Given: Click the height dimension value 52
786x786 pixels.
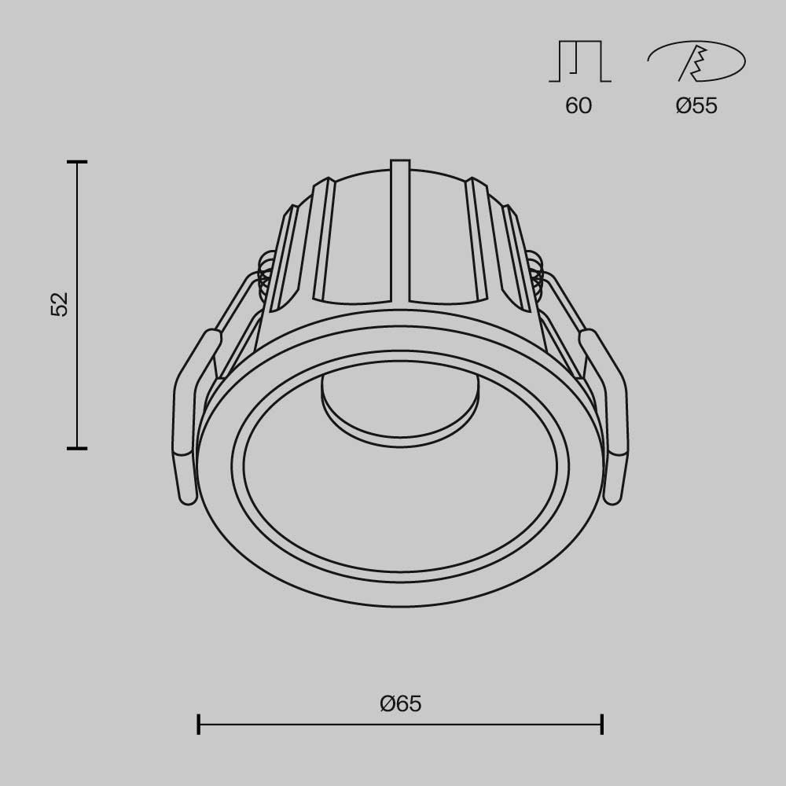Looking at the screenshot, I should pyautogui.click(x=61, y=304).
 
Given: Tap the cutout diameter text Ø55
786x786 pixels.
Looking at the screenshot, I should pyautogui.click(x=696, y=106).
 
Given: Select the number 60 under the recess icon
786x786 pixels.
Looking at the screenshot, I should pyautogui.click(x=578, y=106).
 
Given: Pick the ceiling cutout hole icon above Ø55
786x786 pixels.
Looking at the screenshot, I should pyautogui.click(x=696, y=61).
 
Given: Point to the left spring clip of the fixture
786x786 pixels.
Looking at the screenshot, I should pyautogui.click(x=189, y=417).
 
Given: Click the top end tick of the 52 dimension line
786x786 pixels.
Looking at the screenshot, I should pyautogui.click(x=77, y=162).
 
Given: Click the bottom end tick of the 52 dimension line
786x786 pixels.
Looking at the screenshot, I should pyautogui.click(x=77, y=448).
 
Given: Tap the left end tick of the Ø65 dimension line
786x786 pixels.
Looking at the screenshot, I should pyautogui.click(x=199, y=724).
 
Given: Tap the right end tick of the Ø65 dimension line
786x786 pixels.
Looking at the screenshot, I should pyautogui.click(x=602, y=724).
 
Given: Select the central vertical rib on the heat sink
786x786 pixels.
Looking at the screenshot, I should pyautogui.click(x=400, y=232).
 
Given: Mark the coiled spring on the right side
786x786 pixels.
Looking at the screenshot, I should pyautogui.click(x=536, y=271).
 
